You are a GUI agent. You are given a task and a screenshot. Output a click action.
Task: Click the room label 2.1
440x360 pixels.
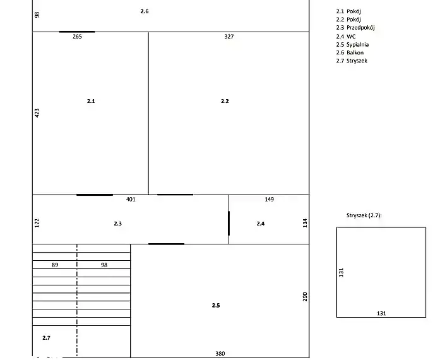click(91, 101)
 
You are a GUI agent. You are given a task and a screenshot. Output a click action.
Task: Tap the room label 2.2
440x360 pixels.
click(225, 101)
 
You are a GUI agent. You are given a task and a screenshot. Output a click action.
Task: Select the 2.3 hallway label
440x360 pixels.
click(118, 224)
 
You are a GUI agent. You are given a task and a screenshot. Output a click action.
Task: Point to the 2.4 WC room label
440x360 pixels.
click(261, 224)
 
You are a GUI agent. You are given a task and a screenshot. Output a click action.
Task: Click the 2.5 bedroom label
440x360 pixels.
click(216, 305)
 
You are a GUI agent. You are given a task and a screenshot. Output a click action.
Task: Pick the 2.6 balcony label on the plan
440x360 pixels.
click(145, 11)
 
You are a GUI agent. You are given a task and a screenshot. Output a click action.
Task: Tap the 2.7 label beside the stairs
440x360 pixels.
click(46, 338)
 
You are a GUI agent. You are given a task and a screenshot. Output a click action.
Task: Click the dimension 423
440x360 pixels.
click(37, 113)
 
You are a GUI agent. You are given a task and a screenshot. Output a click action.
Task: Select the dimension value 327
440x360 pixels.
click(229, 37)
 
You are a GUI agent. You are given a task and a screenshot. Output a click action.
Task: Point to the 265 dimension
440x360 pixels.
click(77, 37)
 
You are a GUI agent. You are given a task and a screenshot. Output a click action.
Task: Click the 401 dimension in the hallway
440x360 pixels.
click(131, 200)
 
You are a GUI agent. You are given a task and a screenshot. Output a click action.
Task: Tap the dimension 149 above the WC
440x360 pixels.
click(269, 200)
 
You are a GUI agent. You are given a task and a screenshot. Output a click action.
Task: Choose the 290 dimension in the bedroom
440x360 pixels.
click(305, 297)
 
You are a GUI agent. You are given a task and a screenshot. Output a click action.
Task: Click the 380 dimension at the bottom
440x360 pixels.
click(220, 354)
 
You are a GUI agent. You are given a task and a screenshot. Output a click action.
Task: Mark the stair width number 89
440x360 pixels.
click(55, 265)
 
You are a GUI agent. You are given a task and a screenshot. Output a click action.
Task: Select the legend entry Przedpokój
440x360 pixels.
click(360, 28)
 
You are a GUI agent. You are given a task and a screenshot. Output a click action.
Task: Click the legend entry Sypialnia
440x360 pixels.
click(357, 45)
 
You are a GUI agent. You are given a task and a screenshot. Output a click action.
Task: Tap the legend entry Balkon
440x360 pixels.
click(355, 52)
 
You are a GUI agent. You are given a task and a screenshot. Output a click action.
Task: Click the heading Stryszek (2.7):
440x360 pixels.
click(364, 215)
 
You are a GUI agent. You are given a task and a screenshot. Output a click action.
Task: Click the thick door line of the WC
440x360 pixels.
click(229, 223)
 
